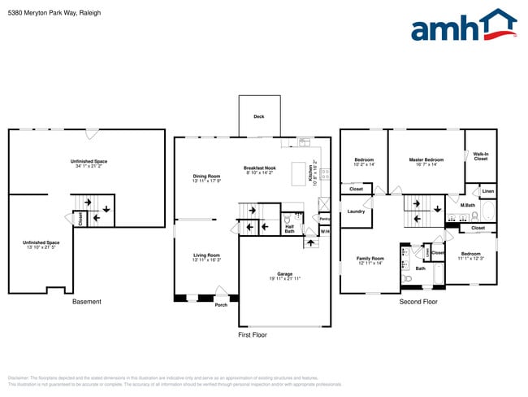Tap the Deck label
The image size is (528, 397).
258,116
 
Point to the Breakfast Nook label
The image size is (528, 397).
260,168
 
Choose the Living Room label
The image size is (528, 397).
206,255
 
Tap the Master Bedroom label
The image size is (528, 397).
426,159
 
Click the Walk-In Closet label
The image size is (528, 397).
481,155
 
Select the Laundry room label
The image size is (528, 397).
356,212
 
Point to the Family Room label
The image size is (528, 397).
370,259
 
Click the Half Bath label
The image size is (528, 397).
289,229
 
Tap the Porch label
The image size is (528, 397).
221,305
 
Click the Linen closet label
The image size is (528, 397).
487,192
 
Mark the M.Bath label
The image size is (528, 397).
468,205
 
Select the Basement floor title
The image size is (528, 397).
87,302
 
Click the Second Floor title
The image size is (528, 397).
418,302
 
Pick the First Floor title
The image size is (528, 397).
251,334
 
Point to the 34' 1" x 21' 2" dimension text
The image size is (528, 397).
89,167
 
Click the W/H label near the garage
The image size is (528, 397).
325,232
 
